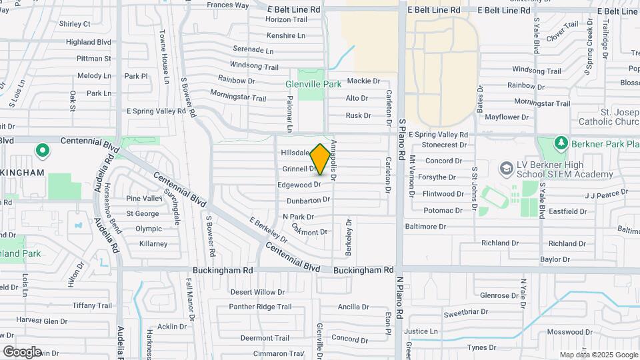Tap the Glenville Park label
click(x=313, y=85)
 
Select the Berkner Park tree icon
click(x=561, y=143)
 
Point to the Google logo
click(x=22, y=351)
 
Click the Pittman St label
click(x=93, y=59)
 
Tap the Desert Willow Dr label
click(x=257, y=292)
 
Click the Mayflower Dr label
click(x=506, y=117)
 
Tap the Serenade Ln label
click(x=253, y=50)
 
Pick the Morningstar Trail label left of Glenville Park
click(x=238, y=97)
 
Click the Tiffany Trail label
click(x=94, y=305)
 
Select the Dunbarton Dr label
click(x=309, y=200)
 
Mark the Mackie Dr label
click(x=363, y=81)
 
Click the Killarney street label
click(x=153, y=244)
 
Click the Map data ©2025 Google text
click(x=599, y=355)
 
